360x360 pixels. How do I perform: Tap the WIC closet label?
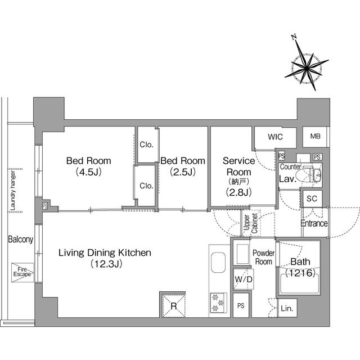pos(275,137)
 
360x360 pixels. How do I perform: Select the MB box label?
pos(313,137)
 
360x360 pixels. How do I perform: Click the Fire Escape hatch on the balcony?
pos(22,273)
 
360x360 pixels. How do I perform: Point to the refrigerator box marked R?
pos(174,307)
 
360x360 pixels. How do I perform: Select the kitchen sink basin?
pos(218,264)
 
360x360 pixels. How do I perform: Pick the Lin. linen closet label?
pos(287,308)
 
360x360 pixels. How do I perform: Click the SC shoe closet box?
pos(312,198)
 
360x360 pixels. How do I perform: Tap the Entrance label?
pos(313,223)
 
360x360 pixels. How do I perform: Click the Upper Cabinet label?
pos(250,223)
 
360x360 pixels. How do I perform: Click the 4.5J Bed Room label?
pos(89,166)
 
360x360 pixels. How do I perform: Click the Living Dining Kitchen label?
pos(105,258)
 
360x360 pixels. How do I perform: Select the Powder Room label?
pos(263,258)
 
